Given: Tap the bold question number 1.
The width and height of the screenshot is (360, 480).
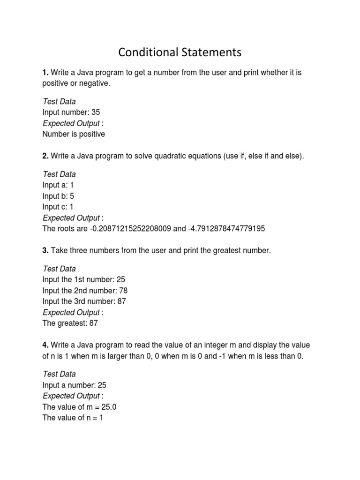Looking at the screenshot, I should [45, 73].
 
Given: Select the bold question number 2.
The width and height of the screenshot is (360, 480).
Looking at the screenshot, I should [45, 156].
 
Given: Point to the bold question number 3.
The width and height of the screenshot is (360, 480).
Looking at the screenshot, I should [45, 251].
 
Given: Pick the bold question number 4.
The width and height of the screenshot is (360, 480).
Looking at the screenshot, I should [45, 345].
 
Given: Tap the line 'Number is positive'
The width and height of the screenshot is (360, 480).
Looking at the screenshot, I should [74, 134].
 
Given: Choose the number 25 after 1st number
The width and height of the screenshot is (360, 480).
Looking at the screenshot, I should [121, 280].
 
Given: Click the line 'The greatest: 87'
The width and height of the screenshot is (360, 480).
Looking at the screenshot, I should [70, 323].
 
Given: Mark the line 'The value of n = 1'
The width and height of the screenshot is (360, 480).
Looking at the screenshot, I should [72, 418].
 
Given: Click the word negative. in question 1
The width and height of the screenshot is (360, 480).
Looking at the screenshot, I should [95, 84].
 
